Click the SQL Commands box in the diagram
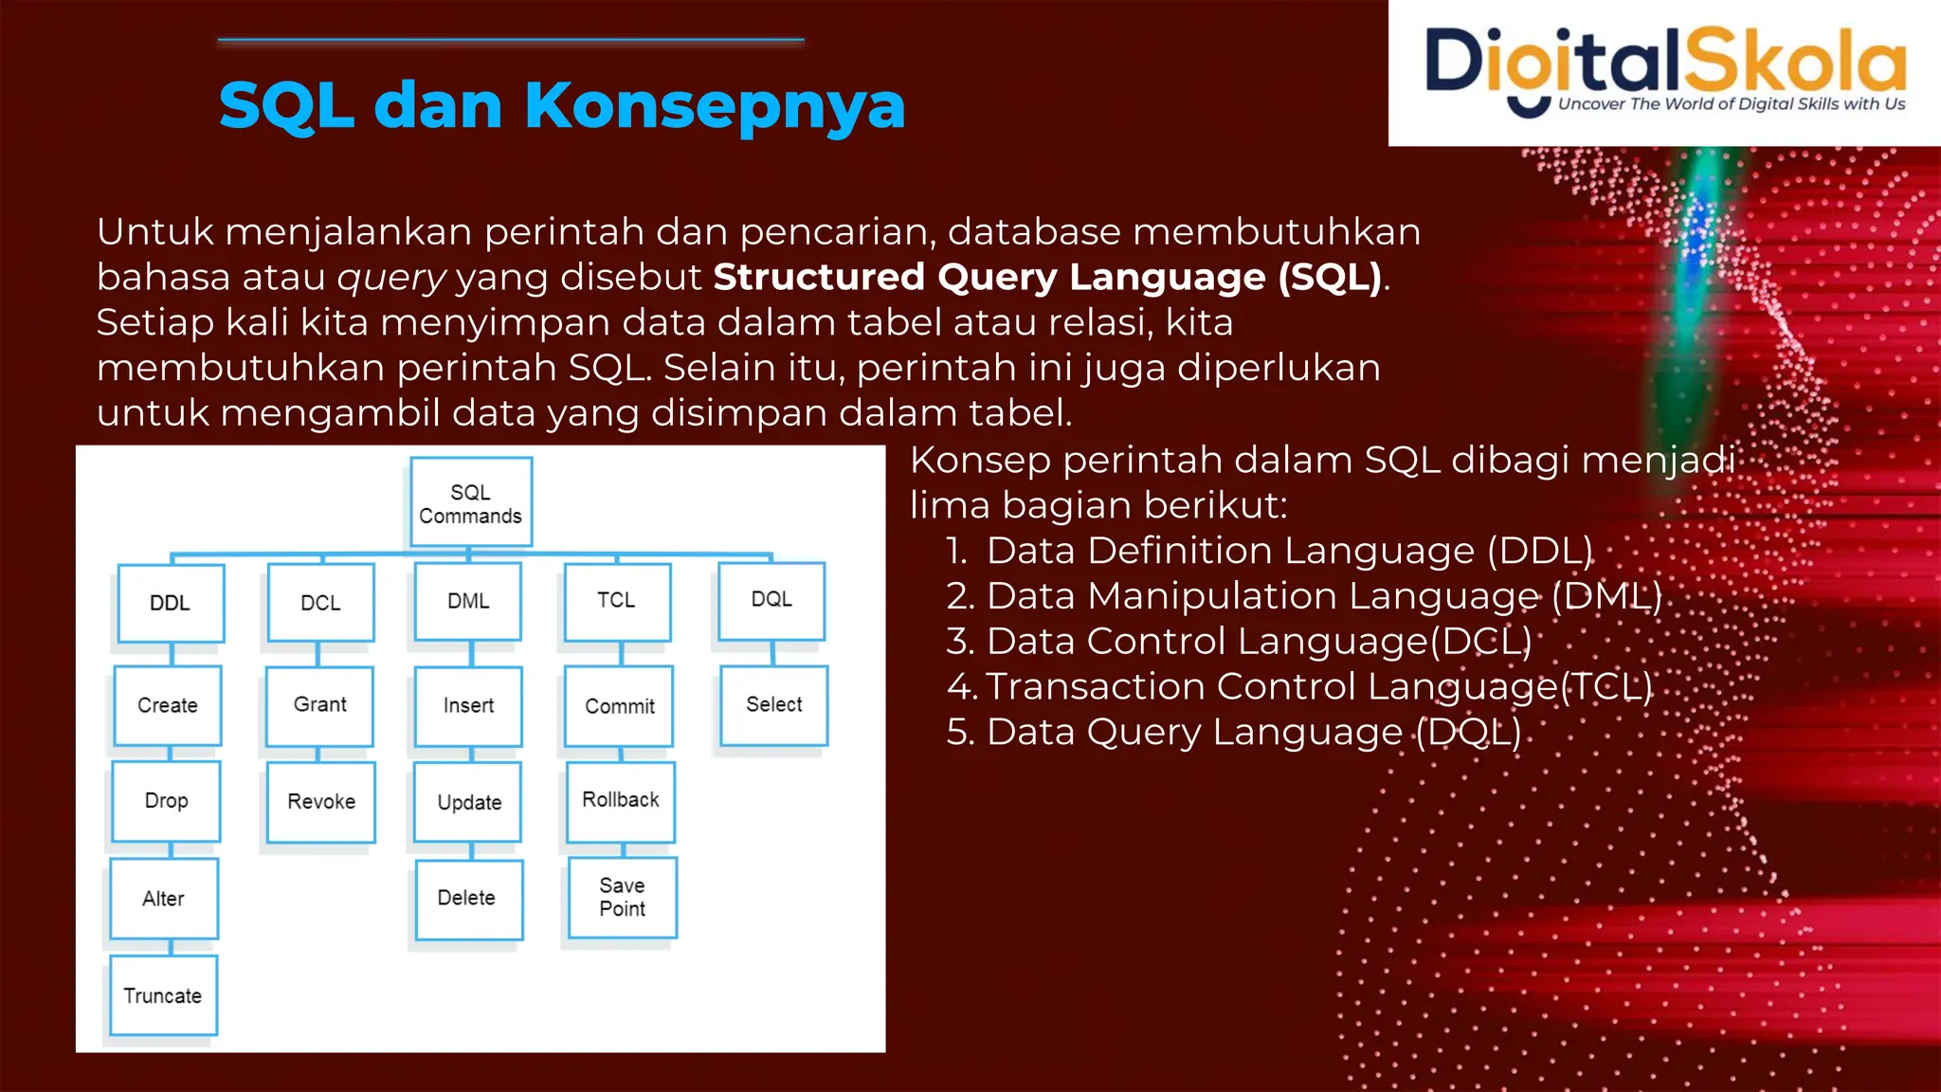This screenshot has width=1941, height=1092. tap(471, 502)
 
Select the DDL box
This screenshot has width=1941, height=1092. tap(171, 603)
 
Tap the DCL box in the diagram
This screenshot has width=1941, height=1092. tap(320, 603)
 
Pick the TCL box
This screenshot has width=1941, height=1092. tap(617, 601)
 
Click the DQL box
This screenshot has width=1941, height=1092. tap(771, 600)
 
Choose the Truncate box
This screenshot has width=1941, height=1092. tap(163, 995)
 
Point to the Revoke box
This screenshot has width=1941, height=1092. tap(321, 802)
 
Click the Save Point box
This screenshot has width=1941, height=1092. tap(622, 897)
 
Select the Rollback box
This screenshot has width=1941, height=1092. tap(621, 800)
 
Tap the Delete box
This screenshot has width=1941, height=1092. tap(467, 898)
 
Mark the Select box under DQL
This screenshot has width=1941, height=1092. tap(773, 704)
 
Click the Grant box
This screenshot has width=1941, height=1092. tap(319, 705)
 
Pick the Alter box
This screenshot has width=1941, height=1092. tap(164, 899)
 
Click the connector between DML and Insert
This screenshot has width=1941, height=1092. tap(471, 653)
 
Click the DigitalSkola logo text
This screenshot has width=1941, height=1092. tap(1664, 61)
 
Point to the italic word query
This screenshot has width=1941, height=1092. tap(391, 277)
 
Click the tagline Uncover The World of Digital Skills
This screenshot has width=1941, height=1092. tap(1731, 104)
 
